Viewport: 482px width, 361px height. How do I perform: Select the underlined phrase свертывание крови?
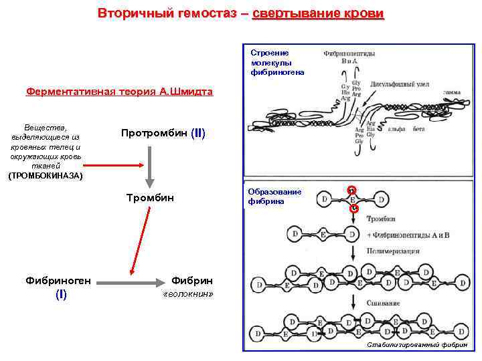tap(319, 13)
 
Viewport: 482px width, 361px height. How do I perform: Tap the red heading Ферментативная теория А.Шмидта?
tap(119, 92)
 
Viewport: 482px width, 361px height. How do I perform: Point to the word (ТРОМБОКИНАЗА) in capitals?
tap(45, 176)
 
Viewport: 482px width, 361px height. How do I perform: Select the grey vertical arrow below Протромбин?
tap(150, 167)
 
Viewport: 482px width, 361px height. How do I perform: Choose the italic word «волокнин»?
tap(188, 294)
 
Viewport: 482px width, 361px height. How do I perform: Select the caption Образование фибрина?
tap(274, 196)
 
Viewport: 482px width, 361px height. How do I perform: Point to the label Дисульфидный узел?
tap(394, 85)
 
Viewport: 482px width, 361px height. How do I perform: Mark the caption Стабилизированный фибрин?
tap(417, 345)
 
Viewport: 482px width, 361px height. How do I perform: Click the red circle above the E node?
tap(351, 190)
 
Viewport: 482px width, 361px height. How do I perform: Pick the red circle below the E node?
tap(354, 209)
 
